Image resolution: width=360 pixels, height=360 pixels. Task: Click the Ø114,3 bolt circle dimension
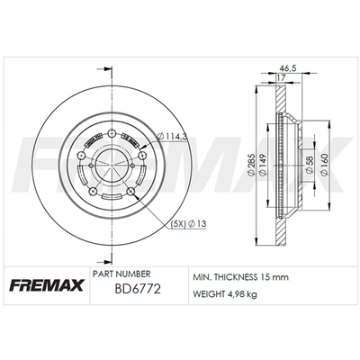coord(172,137)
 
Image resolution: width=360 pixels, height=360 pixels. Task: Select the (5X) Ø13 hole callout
coord(188,223)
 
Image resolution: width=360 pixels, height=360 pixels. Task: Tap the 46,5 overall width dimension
coord(288,68)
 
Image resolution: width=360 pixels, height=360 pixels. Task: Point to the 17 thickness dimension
coord(281,77)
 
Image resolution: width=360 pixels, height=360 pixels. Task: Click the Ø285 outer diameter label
coord(251,165)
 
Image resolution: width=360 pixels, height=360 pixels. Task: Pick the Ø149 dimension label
coord(263,165)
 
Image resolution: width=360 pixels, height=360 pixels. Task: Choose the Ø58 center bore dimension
coord(310,165)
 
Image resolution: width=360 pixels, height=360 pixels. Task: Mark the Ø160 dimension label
coord(324,165)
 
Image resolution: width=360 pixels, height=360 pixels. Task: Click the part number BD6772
coord(138,289)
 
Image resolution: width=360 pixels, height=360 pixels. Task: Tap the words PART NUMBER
coord(121,274)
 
